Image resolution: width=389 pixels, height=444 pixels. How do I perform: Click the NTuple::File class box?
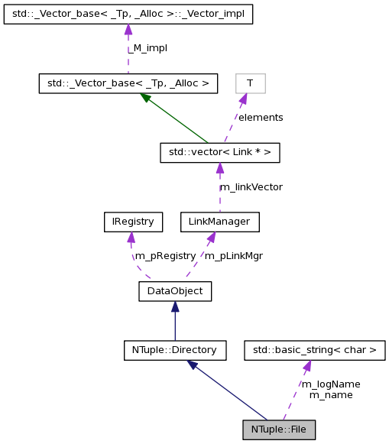pyautogui.click(x=279, y=429)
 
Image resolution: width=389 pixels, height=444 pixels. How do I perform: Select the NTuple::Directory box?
pyautogui.click(x=175, y=351)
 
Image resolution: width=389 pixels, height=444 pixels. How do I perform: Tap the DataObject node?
pyautogui.click(x=175, y=290)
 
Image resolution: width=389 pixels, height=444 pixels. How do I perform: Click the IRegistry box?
pyautogui.click(x=133, y=222)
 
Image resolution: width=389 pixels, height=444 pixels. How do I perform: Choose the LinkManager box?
pyautogui.click(x=219, y=222)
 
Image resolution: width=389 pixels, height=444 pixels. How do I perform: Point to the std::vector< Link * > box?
pyautogui.click(x=219, y=152)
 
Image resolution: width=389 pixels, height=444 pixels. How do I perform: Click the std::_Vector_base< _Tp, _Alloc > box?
pyautogui.click(x=128, y=83)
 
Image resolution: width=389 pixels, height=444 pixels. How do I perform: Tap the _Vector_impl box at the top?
pyautogui.click(x=128, y=13)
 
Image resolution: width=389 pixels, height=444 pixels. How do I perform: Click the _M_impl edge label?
pyautogui.click(x=148, y=48)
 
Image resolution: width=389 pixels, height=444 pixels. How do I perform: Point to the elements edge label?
pyautogui.click(x=260, y=118)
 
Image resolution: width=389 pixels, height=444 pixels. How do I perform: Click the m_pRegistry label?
pyautogui.click(x=166, y=256)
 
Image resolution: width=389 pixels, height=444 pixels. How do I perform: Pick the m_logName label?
pyautogui.click(x=330, y=384)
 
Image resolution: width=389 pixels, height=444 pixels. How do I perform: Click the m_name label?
pyautogui.click(x=330, y=395)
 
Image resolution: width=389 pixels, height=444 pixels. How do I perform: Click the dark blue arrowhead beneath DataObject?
pyautogui.click(x=175, y=306)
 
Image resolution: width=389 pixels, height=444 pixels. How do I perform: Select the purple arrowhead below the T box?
pyautogui.click(x=243, y=99)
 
